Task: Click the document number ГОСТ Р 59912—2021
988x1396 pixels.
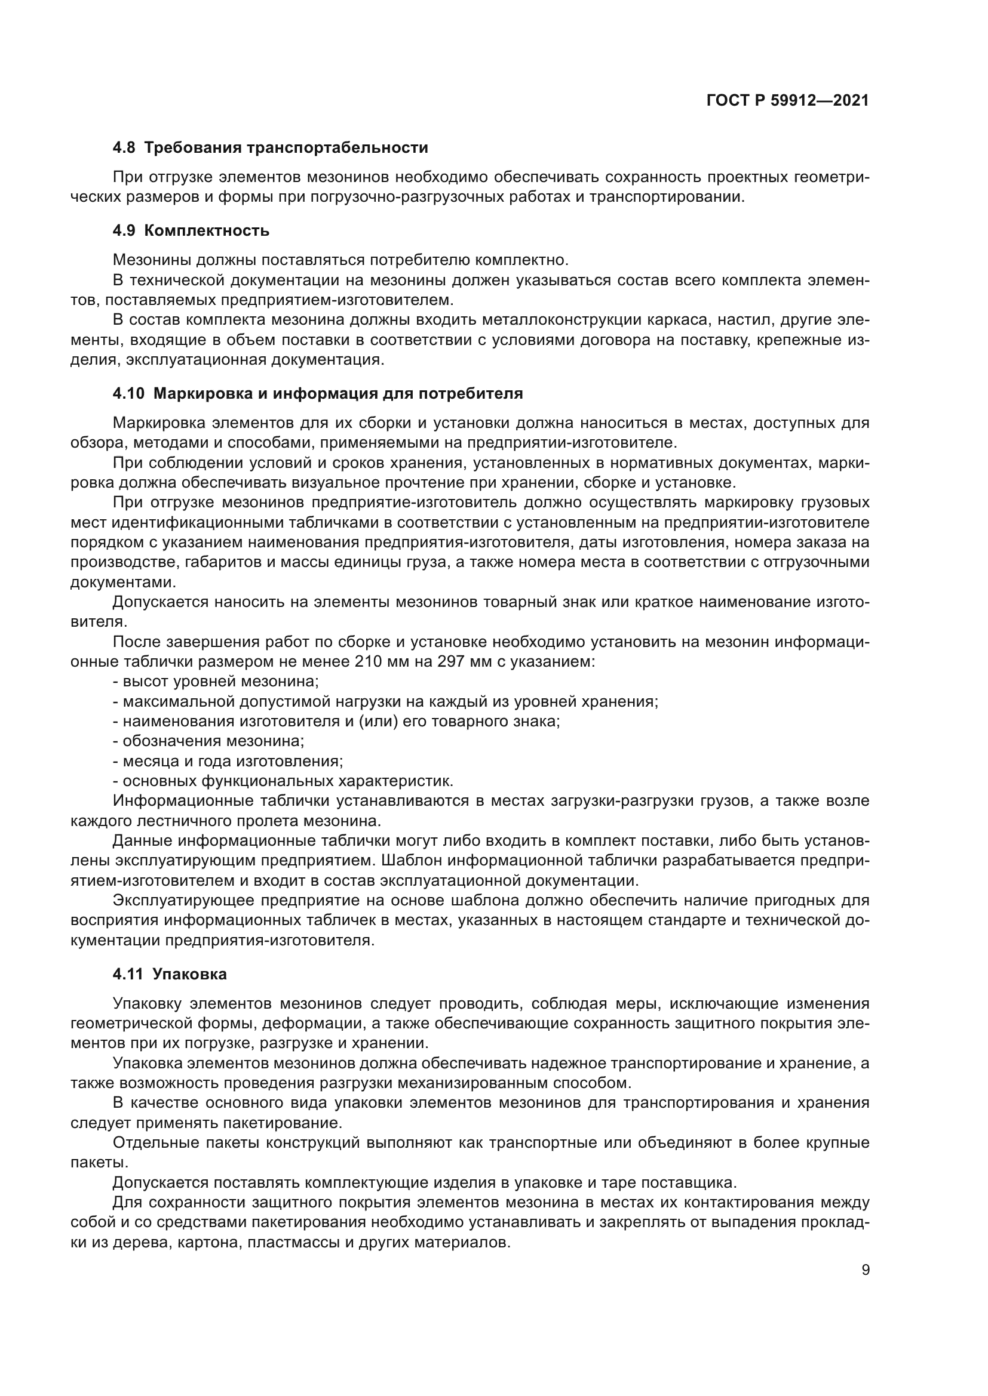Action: coord(787,101)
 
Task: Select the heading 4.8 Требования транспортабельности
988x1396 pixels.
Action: coord(270,148)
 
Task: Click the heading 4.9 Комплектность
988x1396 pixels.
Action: coord(191,230)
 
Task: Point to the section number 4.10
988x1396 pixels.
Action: coord(128,393)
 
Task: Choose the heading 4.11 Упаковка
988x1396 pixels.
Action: coord(169,974)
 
